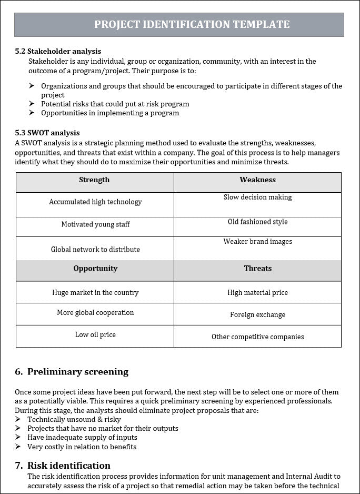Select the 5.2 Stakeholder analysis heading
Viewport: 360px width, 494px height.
[58, 51]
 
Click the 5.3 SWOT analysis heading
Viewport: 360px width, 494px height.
[47, 133]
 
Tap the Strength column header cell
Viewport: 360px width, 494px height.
[95, 181]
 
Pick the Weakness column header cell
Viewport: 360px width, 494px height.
[257, 181]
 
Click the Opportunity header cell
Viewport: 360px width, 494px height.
[95, 269]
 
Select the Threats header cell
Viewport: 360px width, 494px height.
[257, 269]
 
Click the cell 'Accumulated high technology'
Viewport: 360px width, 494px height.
[95, 202]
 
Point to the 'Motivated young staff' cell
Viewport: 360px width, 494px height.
[95, 225]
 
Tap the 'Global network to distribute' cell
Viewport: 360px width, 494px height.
[95, 250]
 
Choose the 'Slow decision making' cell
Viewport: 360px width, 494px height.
[257, 198]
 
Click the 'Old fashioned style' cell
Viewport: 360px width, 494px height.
[257, 222]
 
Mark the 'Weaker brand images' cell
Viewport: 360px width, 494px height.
[257, 242]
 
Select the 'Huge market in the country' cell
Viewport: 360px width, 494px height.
[95, 293]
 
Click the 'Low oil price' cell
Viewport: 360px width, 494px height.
[95, 335]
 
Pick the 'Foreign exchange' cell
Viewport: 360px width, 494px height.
[257, 315]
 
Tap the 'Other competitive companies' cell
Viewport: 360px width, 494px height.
[257, 337]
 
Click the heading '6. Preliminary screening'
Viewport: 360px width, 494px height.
[72, 372]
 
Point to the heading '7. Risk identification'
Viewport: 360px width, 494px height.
[63, 466]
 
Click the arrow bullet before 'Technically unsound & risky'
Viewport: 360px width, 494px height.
[18, 419]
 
